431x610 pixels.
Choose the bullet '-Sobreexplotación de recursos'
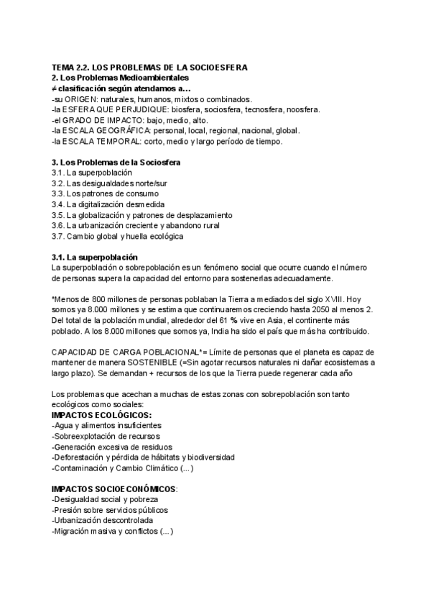pos(106,437)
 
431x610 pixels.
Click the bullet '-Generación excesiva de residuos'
pos(113,447)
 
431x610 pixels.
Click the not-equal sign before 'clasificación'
pos(55,88)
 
